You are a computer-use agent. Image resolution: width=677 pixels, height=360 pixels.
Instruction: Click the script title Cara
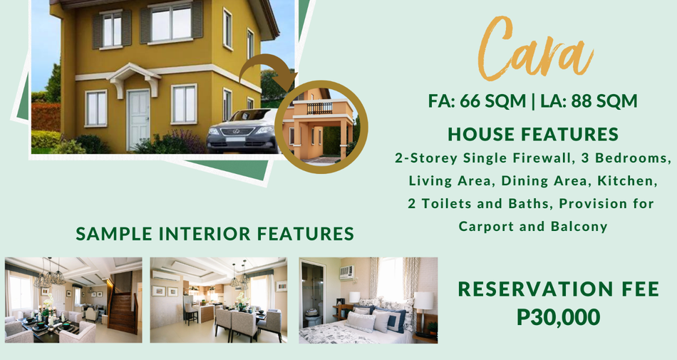(x=535, y=49)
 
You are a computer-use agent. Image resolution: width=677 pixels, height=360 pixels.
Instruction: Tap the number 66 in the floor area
(x=469, y=101)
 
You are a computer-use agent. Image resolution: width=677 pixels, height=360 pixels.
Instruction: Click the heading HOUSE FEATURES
(x=533, y=134)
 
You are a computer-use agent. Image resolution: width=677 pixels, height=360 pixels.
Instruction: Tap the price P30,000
(x=558, y=317)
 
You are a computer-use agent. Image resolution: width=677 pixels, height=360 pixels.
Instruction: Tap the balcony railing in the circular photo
(x=319, y=108)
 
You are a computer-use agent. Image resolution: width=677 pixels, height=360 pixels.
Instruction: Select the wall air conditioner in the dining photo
(x=166, y=276)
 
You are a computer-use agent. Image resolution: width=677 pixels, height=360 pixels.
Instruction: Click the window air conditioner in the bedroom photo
(x=347, y=272)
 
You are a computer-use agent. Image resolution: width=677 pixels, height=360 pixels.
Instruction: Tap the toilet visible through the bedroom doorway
(x=313, y=317)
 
